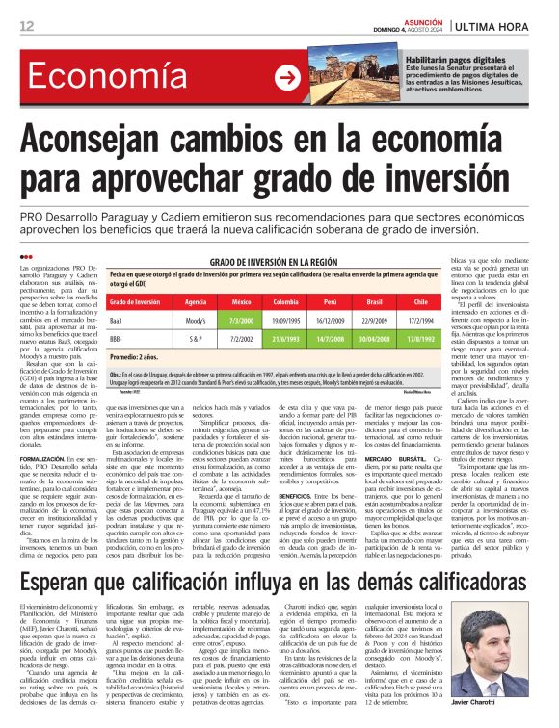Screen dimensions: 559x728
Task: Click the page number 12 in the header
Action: point(26,26)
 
